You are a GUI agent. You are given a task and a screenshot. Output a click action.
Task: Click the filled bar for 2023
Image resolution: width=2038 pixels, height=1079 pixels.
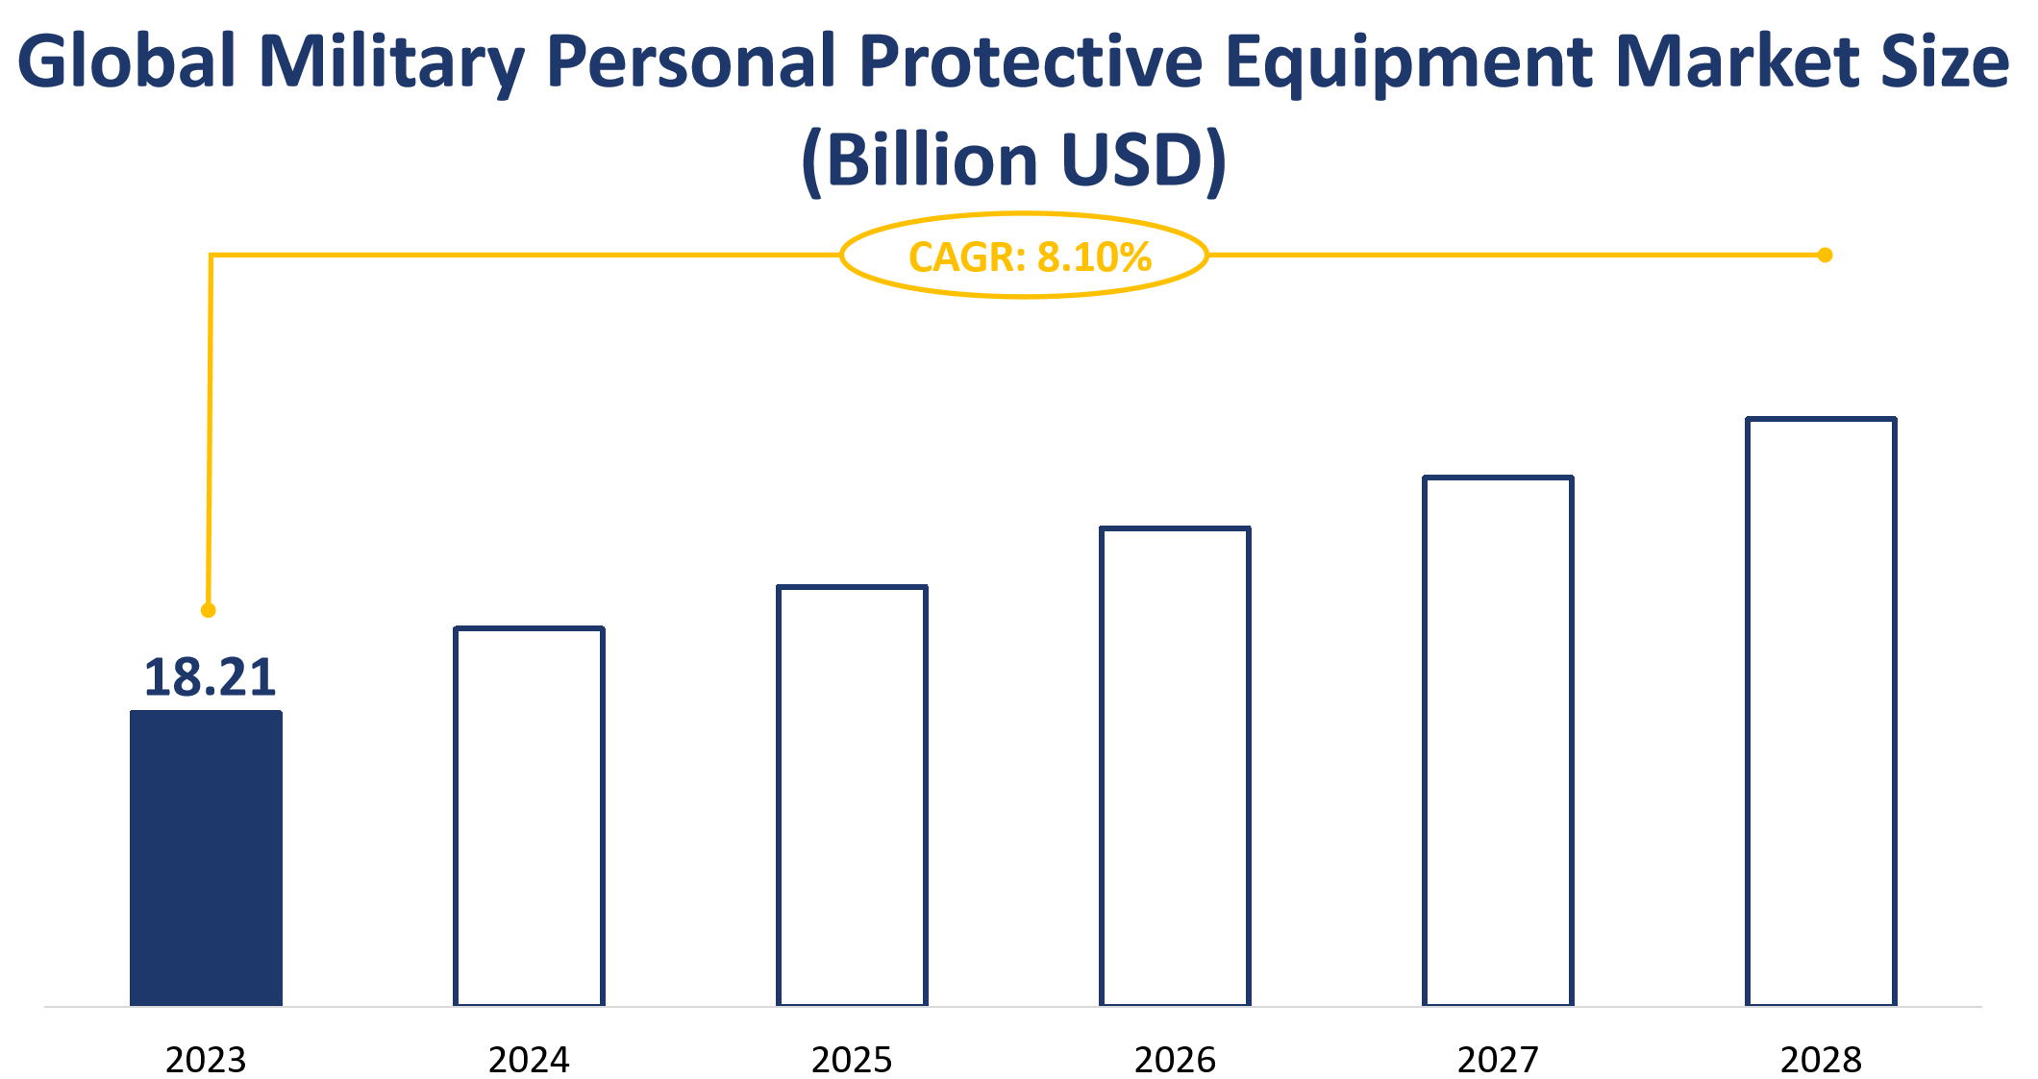click(x=206, y=858)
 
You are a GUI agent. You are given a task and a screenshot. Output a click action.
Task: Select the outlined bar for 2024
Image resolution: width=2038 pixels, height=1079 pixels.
click(x=529, y=817)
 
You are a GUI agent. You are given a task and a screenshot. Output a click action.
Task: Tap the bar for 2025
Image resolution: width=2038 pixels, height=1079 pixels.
click(x=852, y=796)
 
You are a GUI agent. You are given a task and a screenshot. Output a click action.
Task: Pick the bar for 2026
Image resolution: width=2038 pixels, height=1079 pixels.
click(x=1175, y=767)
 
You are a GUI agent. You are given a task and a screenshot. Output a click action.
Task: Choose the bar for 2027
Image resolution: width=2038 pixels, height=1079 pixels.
click(x=1498, y=741)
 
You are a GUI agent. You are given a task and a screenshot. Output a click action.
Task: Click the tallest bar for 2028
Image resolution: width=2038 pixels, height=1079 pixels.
click(x=1821, y=712)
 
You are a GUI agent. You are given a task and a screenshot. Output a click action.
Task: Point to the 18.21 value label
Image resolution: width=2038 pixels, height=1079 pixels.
click(x=210, y=677)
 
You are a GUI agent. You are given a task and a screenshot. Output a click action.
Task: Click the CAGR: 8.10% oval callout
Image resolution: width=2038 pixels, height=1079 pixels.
click(x=1025, y=256)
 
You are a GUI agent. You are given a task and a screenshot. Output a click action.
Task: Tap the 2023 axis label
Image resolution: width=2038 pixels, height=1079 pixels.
click(x=206, y=1060)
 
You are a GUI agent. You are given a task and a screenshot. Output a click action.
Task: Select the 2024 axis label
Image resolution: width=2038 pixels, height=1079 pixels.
click(x=529, y=1060)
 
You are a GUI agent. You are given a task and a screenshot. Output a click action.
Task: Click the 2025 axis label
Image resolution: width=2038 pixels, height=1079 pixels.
click(x=852, y=1060)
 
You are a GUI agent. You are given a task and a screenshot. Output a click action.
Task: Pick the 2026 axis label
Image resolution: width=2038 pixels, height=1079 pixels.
click(x=1175, y=1060)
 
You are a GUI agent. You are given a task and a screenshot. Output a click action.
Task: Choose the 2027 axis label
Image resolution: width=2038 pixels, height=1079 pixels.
click(x=1498, y=1060)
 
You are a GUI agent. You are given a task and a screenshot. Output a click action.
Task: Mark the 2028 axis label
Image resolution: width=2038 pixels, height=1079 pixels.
click(x=1821, y=1060)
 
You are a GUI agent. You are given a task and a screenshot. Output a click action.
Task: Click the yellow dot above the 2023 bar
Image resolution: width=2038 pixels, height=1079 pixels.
click(x=208, y=610)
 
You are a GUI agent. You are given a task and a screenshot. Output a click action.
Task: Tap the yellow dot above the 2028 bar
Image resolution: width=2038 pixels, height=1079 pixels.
click(x=1825, y=255)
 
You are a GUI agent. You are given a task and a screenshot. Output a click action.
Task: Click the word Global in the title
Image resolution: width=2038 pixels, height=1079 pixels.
click(x=127, y=61)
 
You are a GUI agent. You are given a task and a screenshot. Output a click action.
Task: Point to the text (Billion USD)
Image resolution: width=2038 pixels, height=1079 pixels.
click(x=1014, y=159)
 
